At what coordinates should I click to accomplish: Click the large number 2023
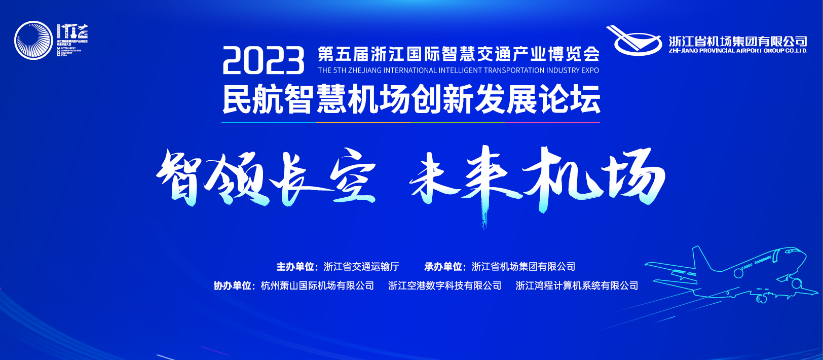click(263, 61)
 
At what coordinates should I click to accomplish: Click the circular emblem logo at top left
click(33, 41)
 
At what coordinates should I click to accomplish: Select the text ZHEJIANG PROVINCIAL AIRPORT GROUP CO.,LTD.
click(737, 51)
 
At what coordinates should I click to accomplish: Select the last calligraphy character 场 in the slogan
click(633, 177)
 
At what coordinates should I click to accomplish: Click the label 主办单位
click(295, 267)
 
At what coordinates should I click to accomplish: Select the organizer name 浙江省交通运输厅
click(361, 267)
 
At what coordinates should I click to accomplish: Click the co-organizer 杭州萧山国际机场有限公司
click(317, 286)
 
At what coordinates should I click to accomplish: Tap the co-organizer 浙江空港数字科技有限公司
click(444, 286)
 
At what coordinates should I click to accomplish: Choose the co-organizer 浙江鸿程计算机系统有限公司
click(577, 286)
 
